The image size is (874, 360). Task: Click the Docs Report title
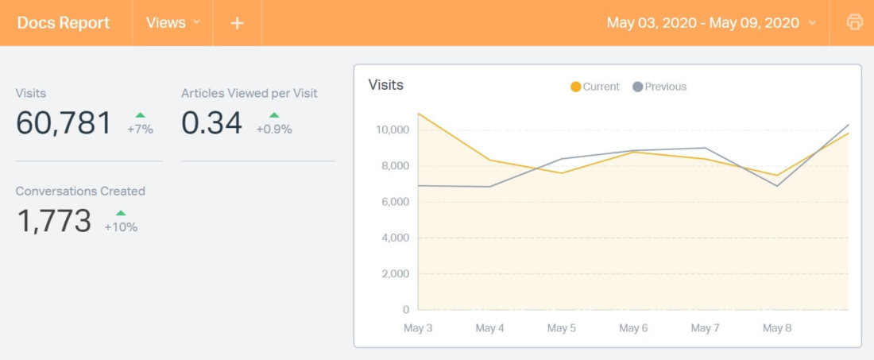[64, 23]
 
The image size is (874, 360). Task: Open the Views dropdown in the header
[173, 23]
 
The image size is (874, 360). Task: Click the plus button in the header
[237, 23]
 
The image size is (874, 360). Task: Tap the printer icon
[855, 22]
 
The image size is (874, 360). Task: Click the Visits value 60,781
[64, 123]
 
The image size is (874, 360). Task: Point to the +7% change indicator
[140, 124]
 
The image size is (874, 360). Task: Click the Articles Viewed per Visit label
[249, 93]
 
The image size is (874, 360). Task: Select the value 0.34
[211, 123]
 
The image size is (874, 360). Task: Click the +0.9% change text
[274, 129]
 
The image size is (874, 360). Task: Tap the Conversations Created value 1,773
[54, 221]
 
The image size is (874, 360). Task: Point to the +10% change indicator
[121, 222]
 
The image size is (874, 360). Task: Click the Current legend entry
[595, 87]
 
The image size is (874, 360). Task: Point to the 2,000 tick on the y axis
[393, 274]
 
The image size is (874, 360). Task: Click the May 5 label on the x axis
[562, 328]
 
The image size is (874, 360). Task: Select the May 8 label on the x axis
[776, 328]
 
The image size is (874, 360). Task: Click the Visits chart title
[386, 85]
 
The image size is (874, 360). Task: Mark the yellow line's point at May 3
[419, 114]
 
